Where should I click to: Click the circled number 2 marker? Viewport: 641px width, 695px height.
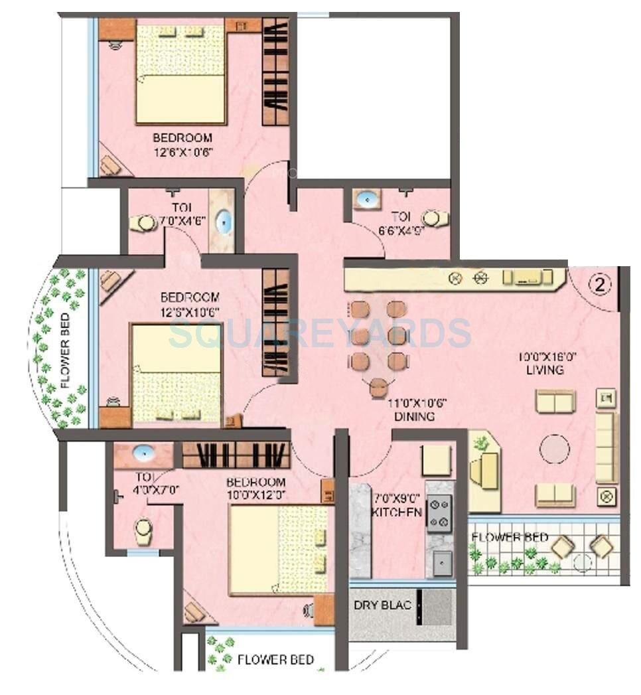[x=599, y=285]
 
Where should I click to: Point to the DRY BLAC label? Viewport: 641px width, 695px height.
[x=382, y=605]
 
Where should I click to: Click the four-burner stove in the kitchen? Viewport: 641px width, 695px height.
[x=439, y=513]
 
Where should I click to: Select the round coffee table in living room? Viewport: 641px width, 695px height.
[x=554, y=449]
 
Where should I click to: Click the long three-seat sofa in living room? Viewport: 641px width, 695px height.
[x=605, y=447]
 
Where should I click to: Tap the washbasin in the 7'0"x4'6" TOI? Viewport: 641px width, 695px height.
[x=224, y=221]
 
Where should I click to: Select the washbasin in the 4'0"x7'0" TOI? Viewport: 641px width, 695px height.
[x=143, y=453]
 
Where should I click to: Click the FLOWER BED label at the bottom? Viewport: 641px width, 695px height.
[x=275, y=660]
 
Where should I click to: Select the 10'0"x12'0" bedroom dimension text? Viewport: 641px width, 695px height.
[x=255, y=495]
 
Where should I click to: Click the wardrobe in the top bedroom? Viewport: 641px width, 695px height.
[x=275, y=72]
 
